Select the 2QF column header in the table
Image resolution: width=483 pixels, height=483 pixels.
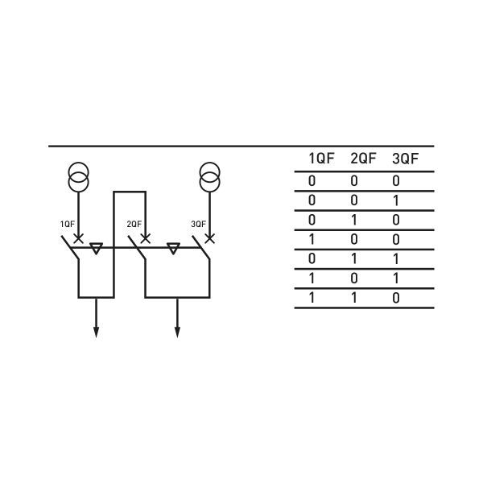click(x=363, y=159)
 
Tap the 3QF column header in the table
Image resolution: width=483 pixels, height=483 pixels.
click(x=406, y=159)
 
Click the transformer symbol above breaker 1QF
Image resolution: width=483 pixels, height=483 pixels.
click(x=78, y=177)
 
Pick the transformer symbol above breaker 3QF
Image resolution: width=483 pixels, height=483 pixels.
click(x=209, y=177)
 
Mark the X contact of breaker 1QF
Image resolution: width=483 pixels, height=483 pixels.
click(x=78, y=238)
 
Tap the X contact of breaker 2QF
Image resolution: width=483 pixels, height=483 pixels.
click(x=145, y=238)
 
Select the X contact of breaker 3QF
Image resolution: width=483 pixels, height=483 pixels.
click(x=209, y=238)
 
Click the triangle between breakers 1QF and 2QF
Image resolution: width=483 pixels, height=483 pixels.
click(x=96, y=249)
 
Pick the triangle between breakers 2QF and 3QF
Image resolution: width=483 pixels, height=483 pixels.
click(x=172, y=249)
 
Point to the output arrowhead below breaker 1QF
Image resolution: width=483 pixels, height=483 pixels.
click(x=96, y=332)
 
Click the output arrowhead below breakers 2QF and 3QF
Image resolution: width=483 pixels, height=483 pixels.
click(x=177, y=332)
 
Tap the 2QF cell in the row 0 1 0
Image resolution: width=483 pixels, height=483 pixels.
click(x=355, y=221)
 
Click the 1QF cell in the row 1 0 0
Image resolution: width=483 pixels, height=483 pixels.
click(x=312, y=240)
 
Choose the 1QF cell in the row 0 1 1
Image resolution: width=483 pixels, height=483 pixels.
click(x=312, y=259)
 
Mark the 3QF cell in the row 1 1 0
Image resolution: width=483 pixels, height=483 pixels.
click(x=396, y=298)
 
